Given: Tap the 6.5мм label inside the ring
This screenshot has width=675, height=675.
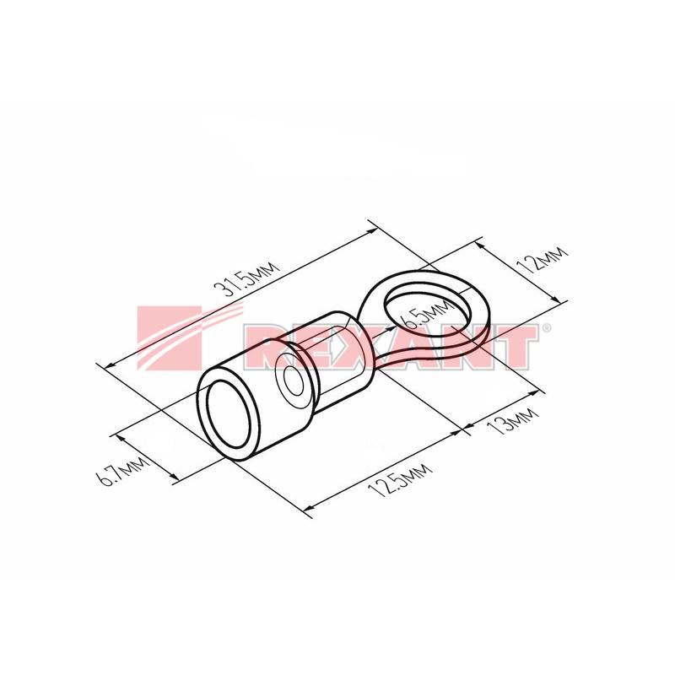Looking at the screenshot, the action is (x=425, y=314).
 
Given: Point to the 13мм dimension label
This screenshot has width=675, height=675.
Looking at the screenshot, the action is (x=513, y=420).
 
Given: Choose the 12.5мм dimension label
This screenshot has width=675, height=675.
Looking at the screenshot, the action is (x=399, y=480).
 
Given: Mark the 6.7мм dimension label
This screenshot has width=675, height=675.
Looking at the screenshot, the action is (x=122, y=470).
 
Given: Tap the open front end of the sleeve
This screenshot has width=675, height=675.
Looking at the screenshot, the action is (x=229, y=414).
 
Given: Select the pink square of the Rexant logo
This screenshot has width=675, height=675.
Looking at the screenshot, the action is (x=170, y=337).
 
